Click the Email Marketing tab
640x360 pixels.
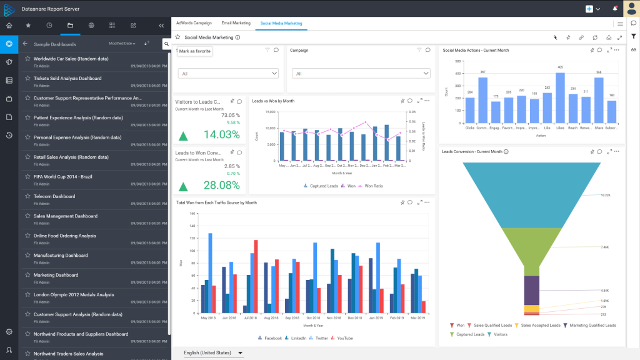[x=236, y=23]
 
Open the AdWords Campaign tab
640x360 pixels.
[x=193, y=23]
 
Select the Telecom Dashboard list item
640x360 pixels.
[x=54, y=196]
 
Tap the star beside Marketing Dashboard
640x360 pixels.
[x=27, y=275]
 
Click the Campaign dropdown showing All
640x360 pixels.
[x=361, y=74]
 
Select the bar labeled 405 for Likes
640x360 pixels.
[x=560, y=97]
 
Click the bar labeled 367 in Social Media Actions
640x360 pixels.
[x=482, y=100]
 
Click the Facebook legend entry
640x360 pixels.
[x=270, y=338]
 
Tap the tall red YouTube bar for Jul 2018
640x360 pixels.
[x=255, y=276]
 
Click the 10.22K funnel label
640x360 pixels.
[x=605, y=195]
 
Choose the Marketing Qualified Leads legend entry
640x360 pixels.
[x=592, y=326]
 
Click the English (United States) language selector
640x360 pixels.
[x=212, y=353]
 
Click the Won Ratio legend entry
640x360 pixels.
[x=373, y=186]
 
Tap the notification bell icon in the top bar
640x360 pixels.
[x=615, y=9]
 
